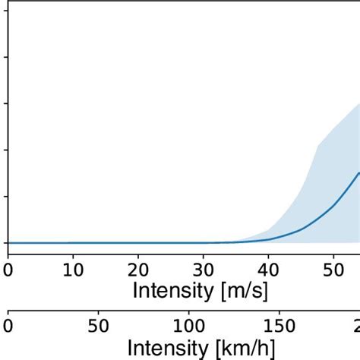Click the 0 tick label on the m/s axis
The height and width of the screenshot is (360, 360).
(x=8, y=270)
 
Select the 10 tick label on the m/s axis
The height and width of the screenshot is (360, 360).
(x=72, y=270)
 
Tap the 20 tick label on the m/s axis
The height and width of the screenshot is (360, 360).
(x=137, y=270)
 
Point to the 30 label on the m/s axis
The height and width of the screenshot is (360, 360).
(x=203, y=270)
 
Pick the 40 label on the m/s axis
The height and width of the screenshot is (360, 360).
(x=267, y=270)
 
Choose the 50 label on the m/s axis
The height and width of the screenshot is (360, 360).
(x=333, y=270)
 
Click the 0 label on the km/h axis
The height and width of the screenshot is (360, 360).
(x=8, y=327)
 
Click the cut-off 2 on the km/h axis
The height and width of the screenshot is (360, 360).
(x=355, y=327)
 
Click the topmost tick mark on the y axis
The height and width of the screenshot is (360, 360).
(x=5, y=10)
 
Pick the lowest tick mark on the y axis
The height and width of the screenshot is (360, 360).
(x=5, y=243)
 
